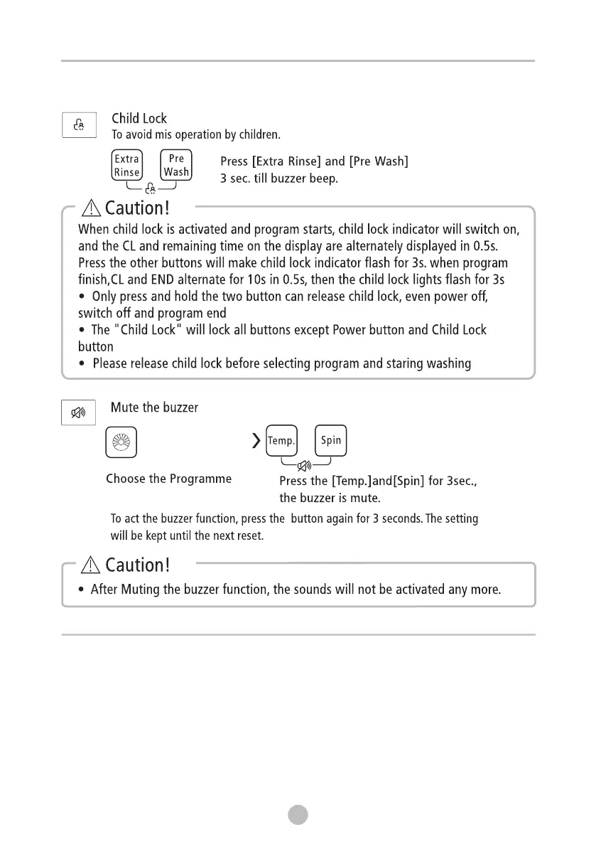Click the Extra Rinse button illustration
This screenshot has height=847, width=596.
[127, 165]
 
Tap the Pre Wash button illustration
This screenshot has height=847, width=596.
[176, 165]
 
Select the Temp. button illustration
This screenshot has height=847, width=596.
[281, 441]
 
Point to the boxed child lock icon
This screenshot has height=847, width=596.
[79, 125]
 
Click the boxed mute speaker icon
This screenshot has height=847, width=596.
[79, 413]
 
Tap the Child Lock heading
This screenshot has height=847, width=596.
[139, 118]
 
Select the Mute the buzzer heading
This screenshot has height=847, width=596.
[154, 407]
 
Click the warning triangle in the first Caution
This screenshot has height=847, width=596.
[92, 208]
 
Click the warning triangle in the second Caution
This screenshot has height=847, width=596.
[92, 565]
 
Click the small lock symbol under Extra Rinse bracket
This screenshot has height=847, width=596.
[150, 189]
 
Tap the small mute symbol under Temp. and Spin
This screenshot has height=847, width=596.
[305, 466]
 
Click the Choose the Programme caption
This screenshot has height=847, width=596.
[168, 479]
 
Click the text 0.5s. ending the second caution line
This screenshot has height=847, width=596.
[489, 246]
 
